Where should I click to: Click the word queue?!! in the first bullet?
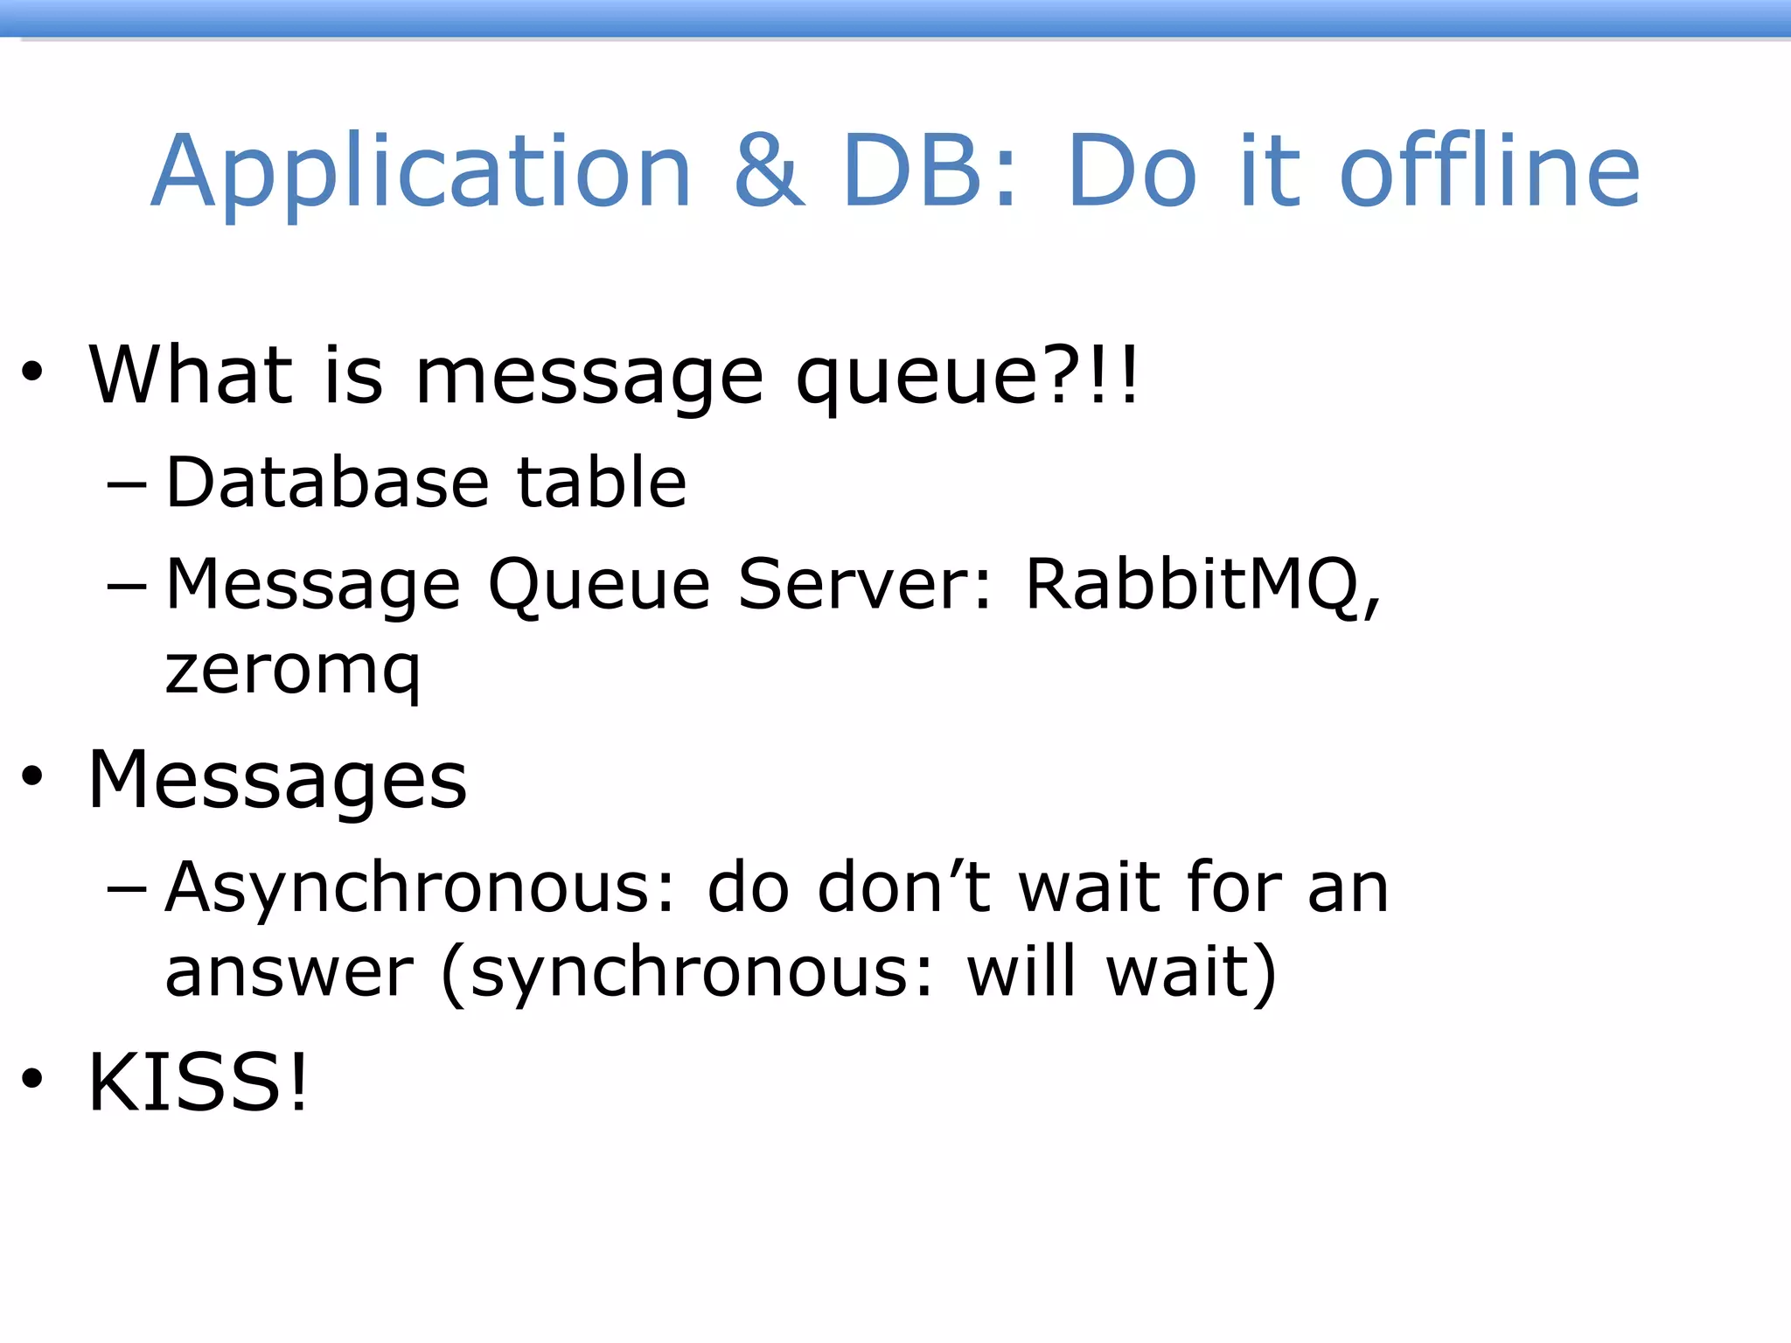[x=967, y=376]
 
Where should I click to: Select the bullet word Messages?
[x=278, y=780]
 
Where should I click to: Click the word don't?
[x=903, y=887]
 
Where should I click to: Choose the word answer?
[x=289, y=972]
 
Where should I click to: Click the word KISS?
[x=199, y=1082]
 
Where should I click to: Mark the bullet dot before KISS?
[x=32, y=1079]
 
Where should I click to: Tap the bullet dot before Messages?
[x=32, y=776]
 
